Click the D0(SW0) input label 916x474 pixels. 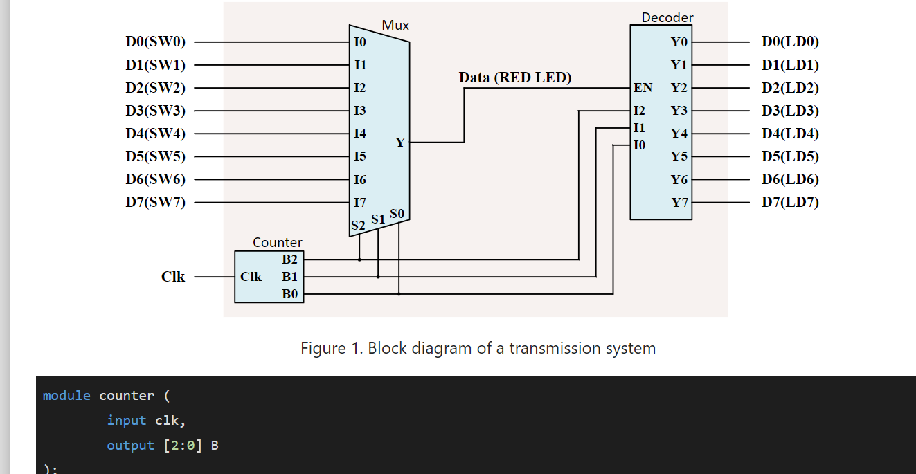tap(155, 42)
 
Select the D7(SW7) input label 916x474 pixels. tap(155, 202)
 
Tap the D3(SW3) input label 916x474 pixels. tap(155, 111)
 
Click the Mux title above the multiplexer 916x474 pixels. tap(395, 26)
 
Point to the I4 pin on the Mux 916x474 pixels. tap(360, 134)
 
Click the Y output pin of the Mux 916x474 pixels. tap(400, 143)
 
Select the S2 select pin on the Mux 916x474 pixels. tap(358, 226)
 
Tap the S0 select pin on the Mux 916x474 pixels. tap(397, 214)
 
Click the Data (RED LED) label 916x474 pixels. tap(515, 78)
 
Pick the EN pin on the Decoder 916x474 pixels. tap(643, 88)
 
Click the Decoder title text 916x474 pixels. tap(667, 18)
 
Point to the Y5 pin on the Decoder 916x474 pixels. tap(679, 156)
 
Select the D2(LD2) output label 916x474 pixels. tap(790, 88)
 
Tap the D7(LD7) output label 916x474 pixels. tap(790, 202)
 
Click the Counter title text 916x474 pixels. tap(277, 243)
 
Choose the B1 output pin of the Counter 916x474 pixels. tap(289, 277)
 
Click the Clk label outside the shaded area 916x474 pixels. tap(173, 277)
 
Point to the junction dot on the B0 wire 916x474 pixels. tap(399, 294)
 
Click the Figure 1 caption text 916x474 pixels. tap(478, 348)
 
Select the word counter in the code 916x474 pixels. tap(127, 396)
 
